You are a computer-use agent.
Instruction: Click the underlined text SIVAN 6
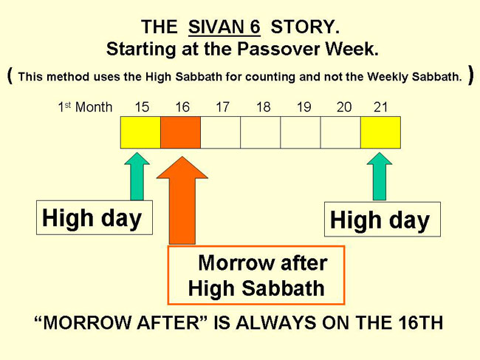pos(224,27)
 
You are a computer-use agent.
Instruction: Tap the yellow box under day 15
pos(140,132)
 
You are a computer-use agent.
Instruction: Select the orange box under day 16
pos(181,132)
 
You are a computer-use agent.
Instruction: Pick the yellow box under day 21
pos(380,132)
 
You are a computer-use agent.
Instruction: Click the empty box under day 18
pos(261,132)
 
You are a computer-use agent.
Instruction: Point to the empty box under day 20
pos(340,132)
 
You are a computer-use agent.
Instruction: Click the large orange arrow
pos(182,200)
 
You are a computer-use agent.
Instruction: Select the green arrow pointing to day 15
pos(137,177)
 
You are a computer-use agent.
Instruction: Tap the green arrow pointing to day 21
pos(380,177)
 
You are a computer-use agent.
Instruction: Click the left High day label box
pos(95,217)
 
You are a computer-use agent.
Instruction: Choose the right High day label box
pos(383,220)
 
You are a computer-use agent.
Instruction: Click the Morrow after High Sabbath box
pos(256,275)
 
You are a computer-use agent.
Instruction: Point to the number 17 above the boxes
pos(222,107)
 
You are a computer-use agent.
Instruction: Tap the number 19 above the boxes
pos(304,107)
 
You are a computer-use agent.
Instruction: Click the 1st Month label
pos(85,107)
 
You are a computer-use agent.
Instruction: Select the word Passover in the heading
pos(278,49)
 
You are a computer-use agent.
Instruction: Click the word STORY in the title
pos(305,27)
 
